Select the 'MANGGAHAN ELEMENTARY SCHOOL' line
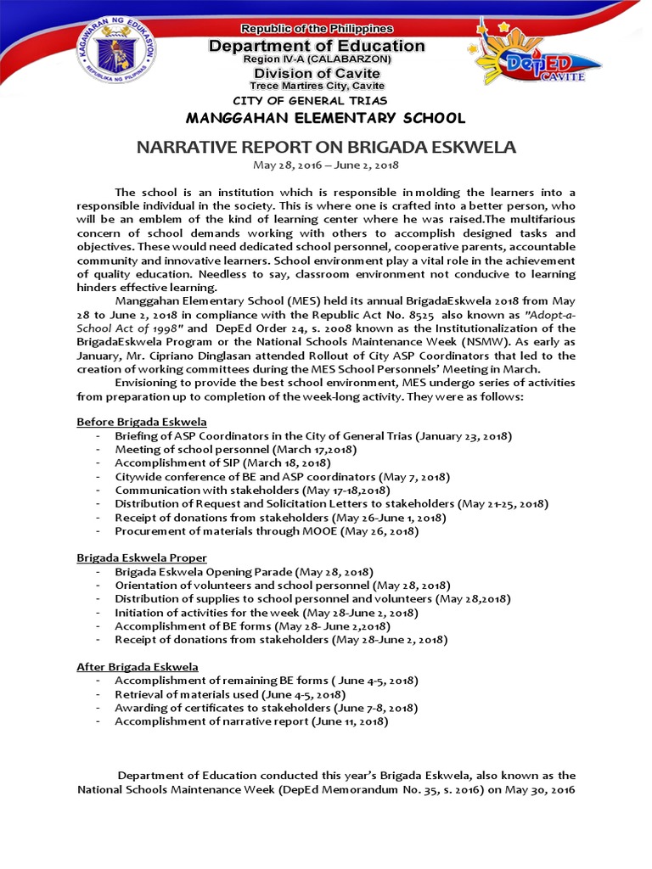[x=325, y=118]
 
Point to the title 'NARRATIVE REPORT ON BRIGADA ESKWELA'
[x=326, y=147]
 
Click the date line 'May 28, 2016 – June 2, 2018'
[x=326, y=165]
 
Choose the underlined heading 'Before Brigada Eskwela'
[x=141, y=422]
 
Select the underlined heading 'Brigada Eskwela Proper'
[x=141, y=558]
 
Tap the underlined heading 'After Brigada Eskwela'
[x=138, y=667]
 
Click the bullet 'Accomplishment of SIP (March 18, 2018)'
[x=222, y=463]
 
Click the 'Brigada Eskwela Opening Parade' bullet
[x=244, y=572]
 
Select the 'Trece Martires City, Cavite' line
[x=317, y=86]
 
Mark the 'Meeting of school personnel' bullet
[x=235, y=450]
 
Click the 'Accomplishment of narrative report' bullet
[x=251, y=721]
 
